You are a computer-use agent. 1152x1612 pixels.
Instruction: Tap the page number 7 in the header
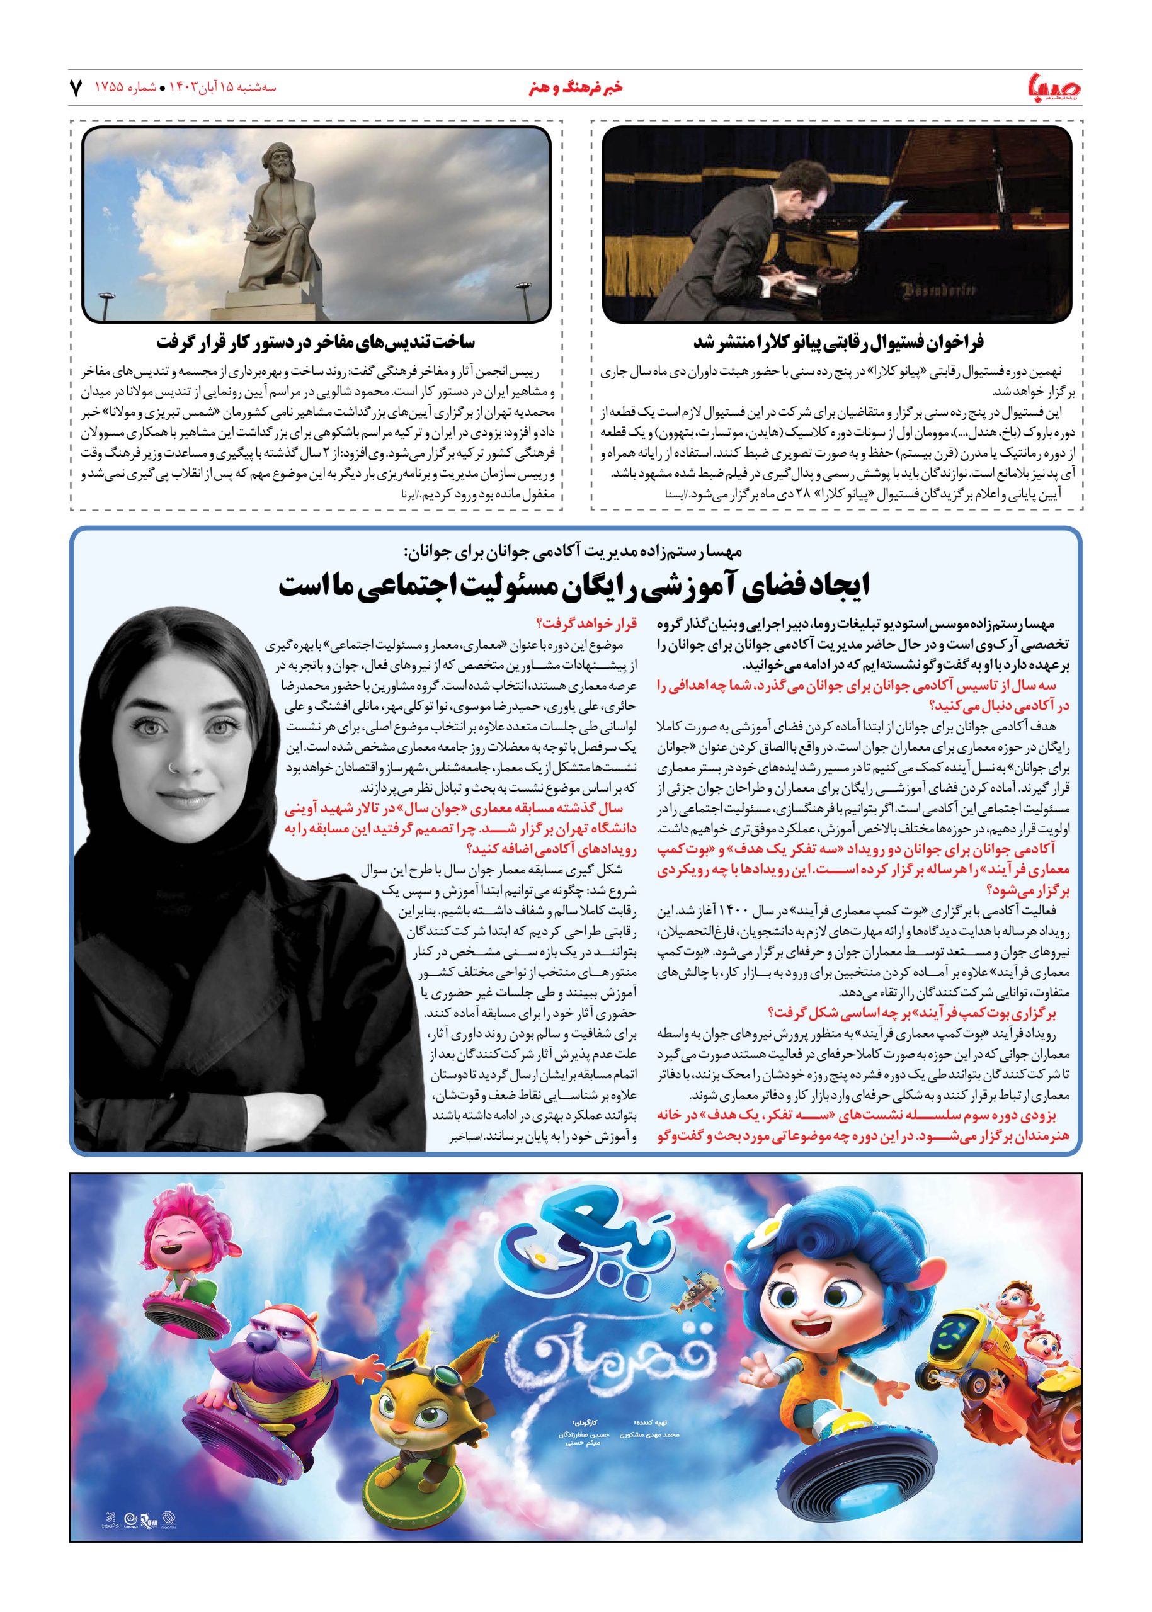76,88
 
